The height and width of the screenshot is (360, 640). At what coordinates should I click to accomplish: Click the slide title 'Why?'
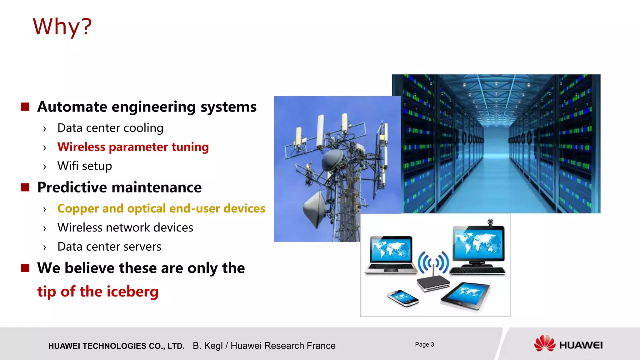tap(62, 27)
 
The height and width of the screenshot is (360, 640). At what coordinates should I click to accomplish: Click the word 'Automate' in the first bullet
tap(72, 107)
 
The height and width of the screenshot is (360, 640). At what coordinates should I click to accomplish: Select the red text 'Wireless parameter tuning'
tap(133, 147)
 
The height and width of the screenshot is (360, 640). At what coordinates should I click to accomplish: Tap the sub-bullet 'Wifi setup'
tap(84, 166)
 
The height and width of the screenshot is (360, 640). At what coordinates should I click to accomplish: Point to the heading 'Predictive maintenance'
tap(119, 187)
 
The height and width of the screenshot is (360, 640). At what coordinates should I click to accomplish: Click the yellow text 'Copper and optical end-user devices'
tap(161, 208)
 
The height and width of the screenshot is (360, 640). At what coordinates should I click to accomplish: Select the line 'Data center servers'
tap(109, 247)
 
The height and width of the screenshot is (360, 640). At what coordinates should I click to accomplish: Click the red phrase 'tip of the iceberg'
tap(98, 291)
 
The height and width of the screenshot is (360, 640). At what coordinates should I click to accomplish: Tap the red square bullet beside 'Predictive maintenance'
tap(25, 187)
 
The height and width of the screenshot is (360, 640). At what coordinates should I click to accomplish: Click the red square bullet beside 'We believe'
tap(25, 268)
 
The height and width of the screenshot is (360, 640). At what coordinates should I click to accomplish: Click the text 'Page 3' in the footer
tap(424, 344)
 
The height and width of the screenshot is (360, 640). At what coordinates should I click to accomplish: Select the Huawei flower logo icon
tap(544, 343)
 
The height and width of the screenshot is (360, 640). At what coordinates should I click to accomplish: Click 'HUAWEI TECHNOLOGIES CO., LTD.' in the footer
tap(116, 346)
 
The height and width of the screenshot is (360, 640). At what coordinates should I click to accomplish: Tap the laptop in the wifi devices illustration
tap(391, 255)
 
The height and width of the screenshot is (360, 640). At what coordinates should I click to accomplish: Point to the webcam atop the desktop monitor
tap(490, 222)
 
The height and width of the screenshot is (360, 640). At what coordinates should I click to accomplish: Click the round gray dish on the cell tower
tap(332, 160)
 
